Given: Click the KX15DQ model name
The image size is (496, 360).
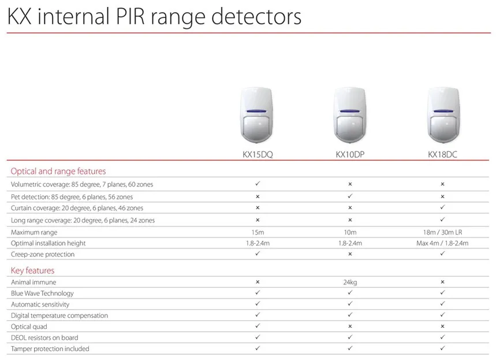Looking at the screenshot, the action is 258,154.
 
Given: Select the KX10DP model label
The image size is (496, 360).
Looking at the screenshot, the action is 350,154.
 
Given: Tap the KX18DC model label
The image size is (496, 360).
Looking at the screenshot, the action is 442,154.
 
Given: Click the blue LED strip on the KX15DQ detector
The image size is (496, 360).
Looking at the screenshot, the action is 256,111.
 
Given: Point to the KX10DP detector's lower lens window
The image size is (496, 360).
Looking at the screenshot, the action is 350,127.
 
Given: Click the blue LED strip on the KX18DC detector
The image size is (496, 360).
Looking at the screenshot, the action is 443,111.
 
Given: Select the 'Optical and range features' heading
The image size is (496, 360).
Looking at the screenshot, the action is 58,171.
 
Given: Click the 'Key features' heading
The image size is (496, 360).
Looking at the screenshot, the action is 32,270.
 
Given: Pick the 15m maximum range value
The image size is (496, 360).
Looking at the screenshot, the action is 258,232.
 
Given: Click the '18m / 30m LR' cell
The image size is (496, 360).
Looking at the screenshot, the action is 442,232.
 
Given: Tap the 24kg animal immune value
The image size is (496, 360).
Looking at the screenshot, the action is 350,283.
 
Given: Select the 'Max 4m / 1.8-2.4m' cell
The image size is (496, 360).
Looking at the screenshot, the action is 442,243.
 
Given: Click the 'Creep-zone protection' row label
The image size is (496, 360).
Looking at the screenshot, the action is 43,254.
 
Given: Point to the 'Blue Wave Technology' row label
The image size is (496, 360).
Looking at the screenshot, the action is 42,294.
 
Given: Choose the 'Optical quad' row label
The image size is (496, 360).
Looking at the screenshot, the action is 29,326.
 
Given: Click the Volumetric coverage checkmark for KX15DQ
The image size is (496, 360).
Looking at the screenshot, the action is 258,184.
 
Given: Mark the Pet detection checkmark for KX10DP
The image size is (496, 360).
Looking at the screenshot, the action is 350,196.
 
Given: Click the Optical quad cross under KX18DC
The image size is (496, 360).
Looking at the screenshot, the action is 442,326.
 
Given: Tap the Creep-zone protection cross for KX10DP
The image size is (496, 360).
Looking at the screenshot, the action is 350,254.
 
